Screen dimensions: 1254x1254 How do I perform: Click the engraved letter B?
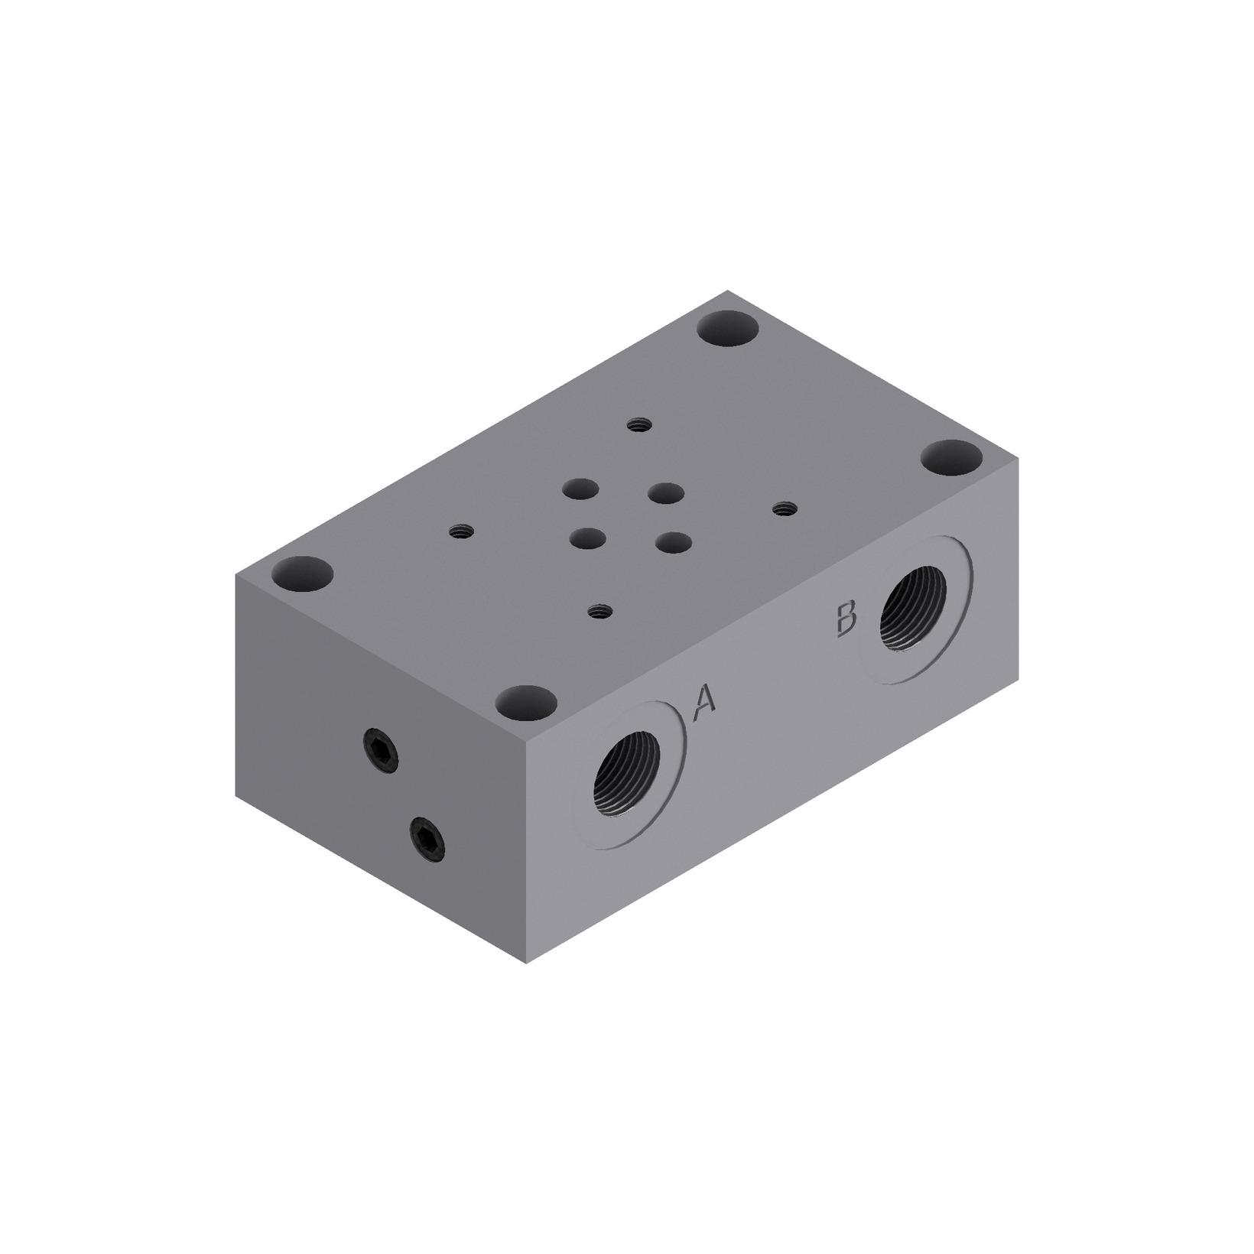(845, 619)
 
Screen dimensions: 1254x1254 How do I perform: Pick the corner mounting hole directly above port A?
(525, 700)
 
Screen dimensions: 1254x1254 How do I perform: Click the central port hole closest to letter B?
(674, 543)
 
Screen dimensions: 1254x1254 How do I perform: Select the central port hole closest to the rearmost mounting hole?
(665, 493)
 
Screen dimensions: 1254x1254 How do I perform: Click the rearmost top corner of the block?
(727, 291)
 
